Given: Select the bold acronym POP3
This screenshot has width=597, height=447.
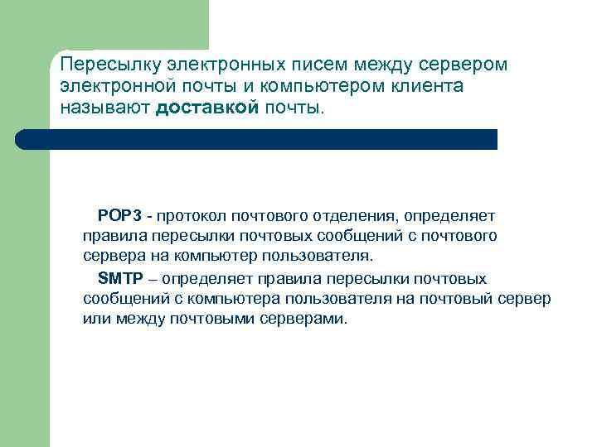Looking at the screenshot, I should pos(120,216).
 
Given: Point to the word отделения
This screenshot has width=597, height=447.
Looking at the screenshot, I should pos(353,216).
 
